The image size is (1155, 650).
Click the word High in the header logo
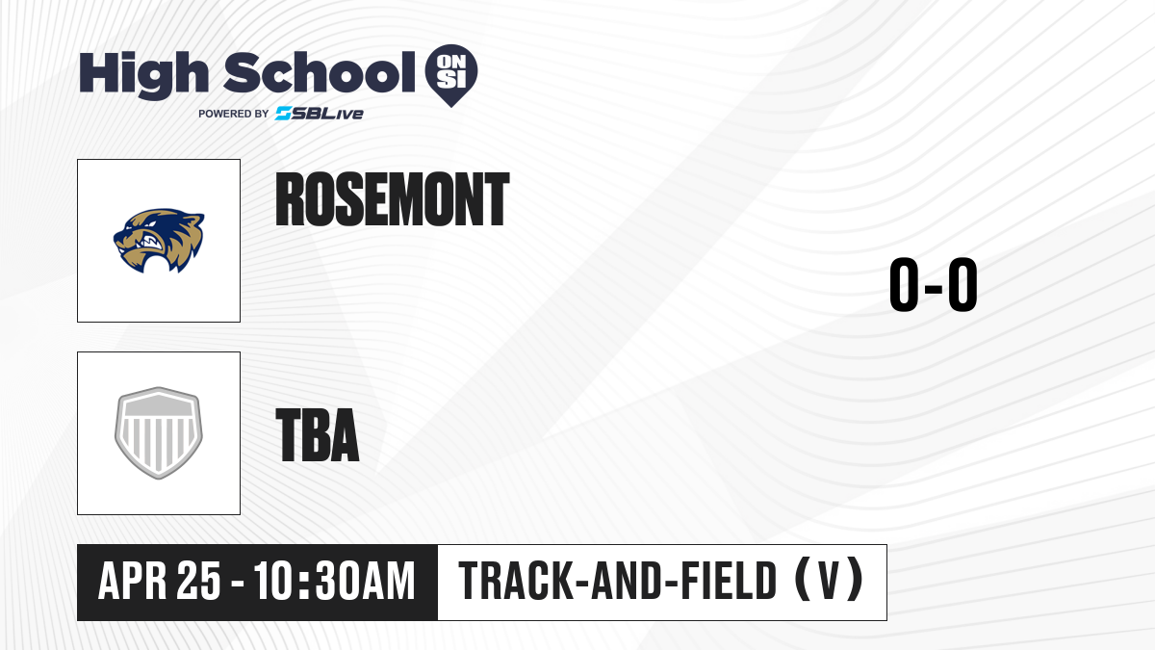[143, 74]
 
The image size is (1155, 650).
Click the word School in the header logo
[320, 72]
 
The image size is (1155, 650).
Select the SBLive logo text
[320, 114]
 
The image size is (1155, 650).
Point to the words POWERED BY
[234, 114]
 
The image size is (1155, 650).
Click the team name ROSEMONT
[393, 199]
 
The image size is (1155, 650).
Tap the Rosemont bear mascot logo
[159, 241]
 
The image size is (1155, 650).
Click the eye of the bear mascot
[151, 223]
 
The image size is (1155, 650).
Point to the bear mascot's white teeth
[154, 242]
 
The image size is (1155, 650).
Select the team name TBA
[318, 434]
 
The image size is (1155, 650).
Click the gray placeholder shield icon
[159, 433]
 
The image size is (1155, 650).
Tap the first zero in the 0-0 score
[904, 284]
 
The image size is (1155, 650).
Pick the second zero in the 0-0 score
[962, 284]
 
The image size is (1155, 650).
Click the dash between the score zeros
[934, 288]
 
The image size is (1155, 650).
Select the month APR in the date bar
[133, 581]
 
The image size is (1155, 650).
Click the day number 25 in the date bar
[199, 581]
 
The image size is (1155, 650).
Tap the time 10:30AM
[335, 581]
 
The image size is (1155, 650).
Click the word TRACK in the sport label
[516, 581]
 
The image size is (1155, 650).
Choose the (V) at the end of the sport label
[829, 580]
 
